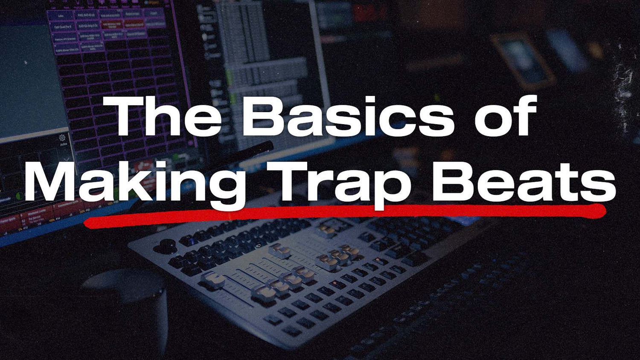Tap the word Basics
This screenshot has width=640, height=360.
pos(348,116)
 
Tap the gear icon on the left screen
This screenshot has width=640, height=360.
pos(62,138)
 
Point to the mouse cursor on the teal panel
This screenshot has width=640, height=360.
pos(26,63)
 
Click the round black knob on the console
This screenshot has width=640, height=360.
pos(167,245)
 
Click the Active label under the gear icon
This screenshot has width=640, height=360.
pos(64,145)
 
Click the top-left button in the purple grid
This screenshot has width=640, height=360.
pos(60,15)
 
